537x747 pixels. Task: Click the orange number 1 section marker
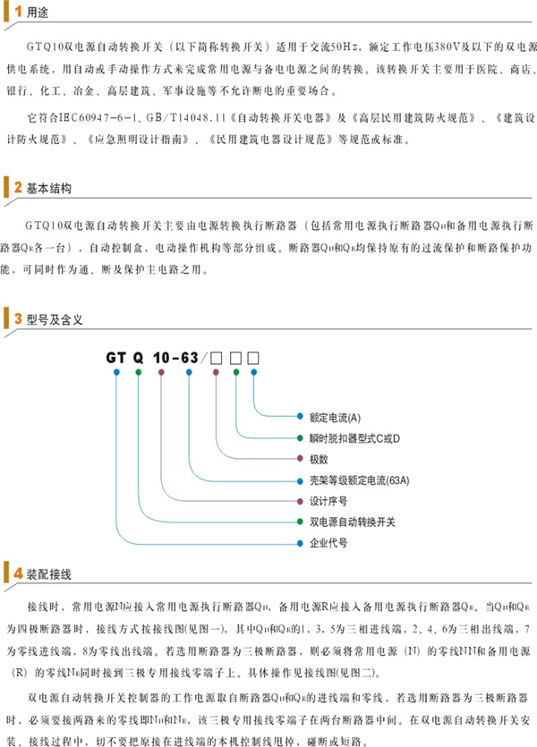[x=17, y=13]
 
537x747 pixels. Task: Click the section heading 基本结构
[x=49, y=189]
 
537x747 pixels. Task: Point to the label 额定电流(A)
[x=335, y=418]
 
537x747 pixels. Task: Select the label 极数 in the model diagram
[x=320, y=459]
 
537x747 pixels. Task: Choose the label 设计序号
[x=328, y=500]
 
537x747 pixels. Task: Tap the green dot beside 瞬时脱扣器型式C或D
[x=300, y=438]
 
